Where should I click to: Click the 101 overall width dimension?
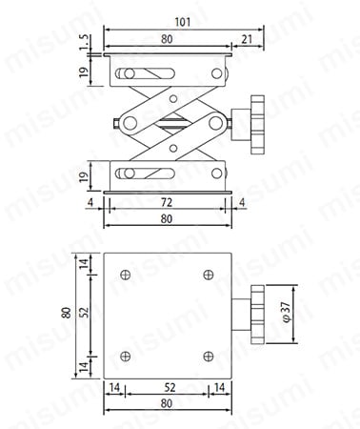coord(183,22)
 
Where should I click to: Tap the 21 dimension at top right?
coord(247,39)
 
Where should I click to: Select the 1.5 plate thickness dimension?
coord(84,43)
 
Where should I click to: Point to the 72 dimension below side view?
coord(167,202)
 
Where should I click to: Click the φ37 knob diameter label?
coord(286,312)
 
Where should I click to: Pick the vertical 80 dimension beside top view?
coord(67,313)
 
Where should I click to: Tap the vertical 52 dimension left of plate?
coord(84,313)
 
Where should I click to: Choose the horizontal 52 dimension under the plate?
coord(170,387)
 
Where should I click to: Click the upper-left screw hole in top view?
coord(126,275)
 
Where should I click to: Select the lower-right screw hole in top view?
coord(209,356)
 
